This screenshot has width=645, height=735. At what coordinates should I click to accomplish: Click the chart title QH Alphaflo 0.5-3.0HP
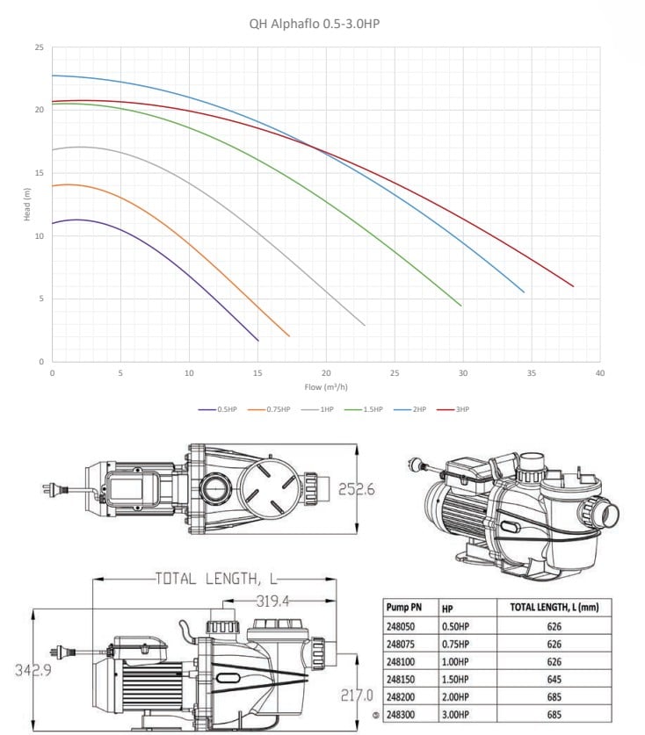tap(315, 24)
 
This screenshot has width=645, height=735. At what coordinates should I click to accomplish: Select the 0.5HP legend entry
tap(217, 409)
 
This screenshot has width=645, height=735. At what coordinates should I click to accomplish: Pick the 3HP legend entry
tap(453, 409)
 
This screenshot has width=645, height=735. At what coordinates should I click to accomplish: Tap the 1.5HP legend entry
tap(364, 409)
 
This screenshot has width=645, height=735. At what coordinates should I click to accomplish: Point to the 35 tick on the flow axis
tap(532, 373)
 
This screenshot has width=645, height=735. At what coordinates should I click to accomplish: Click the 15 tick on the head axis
tap(40, 173)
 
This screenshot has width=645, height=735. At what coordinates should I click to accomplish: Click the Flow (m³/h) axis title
tap(326, 386)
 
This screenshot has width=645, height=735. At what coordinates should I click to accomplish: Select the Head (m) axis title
tap(27, 205)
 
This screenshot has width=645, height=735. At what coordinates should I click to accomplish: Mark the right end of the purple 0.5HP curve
tap(258, 341)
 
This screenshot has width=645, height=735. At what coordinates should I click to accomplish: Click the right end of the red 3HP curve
tap(573, 286)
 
